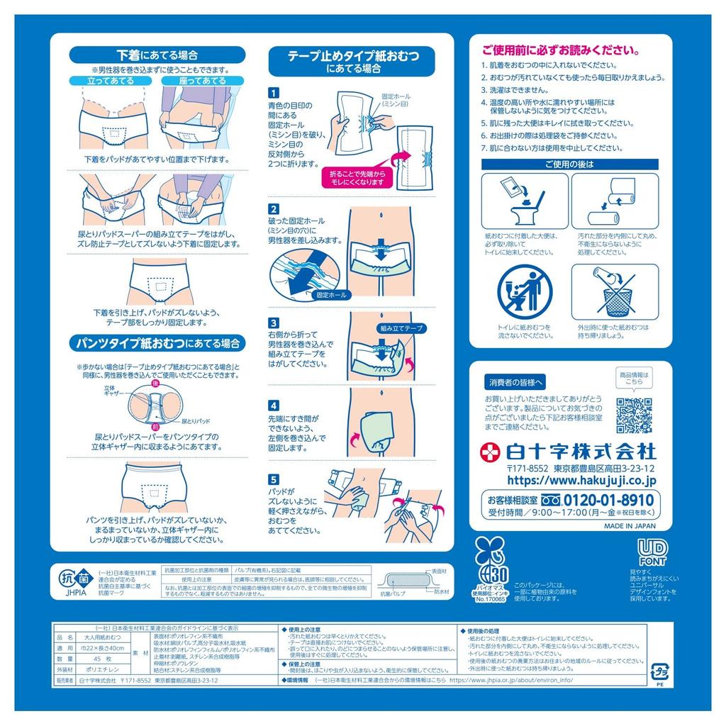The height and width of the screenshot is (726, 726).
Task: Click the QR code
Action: [633, 416]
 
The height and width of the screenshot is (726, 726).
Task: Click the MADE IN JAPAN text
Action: [630, 527]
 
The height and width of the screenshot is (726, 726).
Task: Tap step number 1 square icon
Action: [274, 93]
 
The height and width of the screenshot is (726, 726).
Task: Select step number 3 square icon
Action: [274, 322]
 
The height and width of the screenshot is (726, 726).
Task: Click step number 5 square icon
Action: [274, 479]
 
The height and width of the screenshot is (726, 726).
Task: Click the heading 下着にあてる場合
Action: [157, 55]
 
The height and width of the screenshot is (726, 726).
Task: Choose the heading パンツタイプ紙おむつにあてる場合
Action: [157, 344]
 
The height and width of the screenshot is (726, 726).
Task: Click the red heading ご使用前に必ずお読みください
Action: [561, 50]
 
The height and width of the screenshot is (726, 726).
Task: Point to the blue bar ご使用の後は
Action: [569, 164]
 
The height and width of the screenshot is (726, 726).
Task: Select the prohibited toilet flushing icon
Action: [525, 292]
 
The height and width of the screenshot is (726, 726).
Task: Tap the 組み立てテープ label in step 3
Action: [401, 328]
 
